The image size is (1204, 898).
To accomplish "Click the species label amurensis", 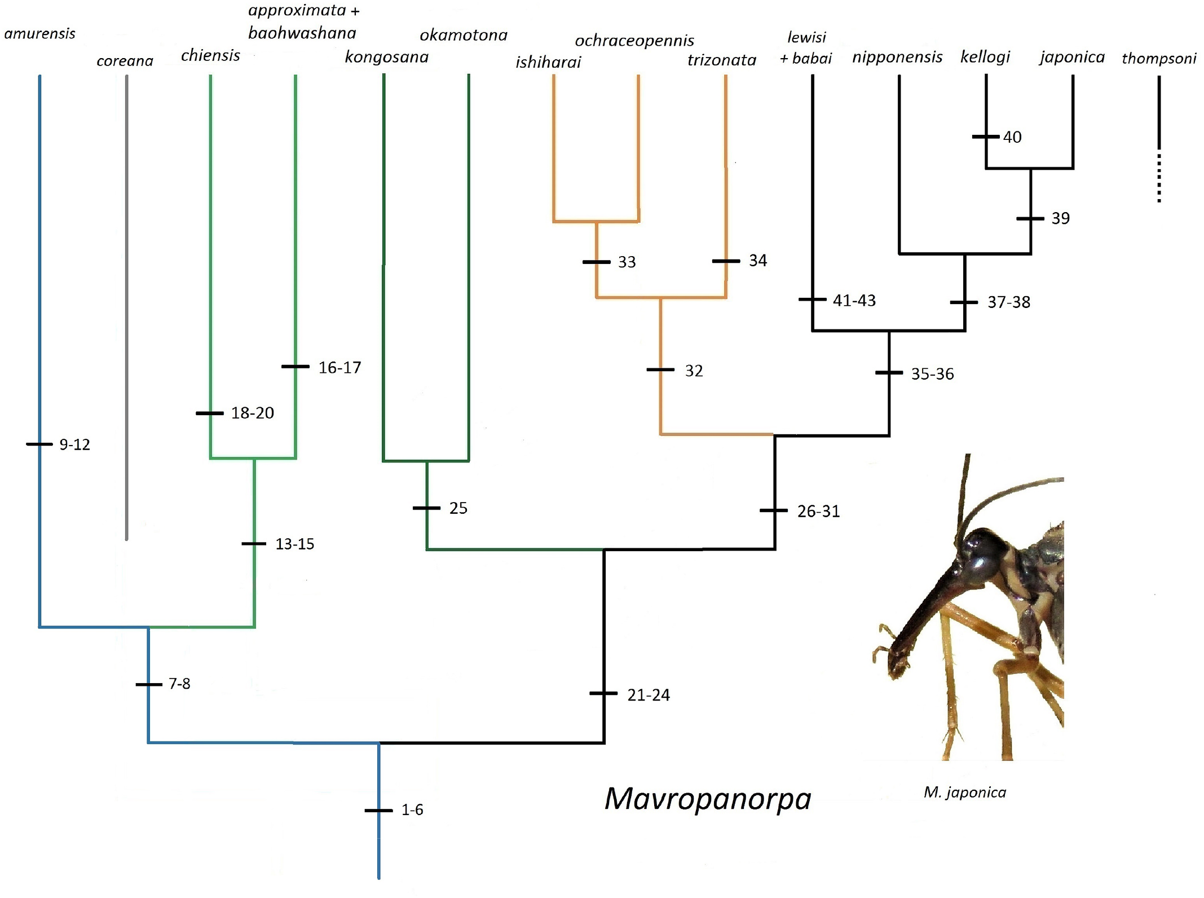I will pos(39,34).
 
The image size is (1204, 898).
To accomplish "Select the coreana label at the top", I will pos(125,61).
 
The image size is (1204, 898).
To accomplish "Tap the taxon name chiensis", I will pos(210,55).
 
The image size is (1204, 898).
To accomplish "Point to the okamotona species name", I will pos(463,35).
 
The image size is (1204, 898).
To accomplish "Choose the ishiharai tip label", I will pos(548,61).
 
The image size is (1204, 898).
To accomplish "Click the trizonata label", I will pos(721,60).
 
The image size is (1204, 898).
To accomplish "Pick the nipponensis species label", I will pos(897,57).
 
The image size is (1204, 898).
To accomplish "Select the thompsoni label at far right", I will pos(1158,58).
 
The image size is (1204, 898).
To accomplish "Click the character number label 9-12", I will pos(74,444).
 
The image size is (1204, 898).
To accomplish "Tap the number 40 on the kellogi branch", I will pos(1012,137).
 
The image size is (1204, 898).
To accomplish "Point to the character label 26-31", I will pos(818,511).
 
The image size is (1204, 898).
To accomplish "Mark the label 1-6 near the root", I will pos(412,810).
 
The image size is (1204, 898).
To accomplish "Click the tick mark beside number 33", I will pos(596,262).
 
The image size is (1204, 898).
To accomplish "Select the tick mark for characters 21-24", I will pos(603,693).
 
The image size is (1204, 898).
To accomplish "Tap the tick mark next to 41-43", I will pos(812,300).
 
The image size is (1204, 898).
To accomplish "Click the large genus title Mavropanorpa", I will pos(708,799).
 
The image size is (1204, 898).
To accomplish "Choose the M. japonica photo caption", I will pos(964,793).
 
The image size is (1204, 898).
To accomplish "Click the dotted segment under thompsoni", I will pos(1159,178).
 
